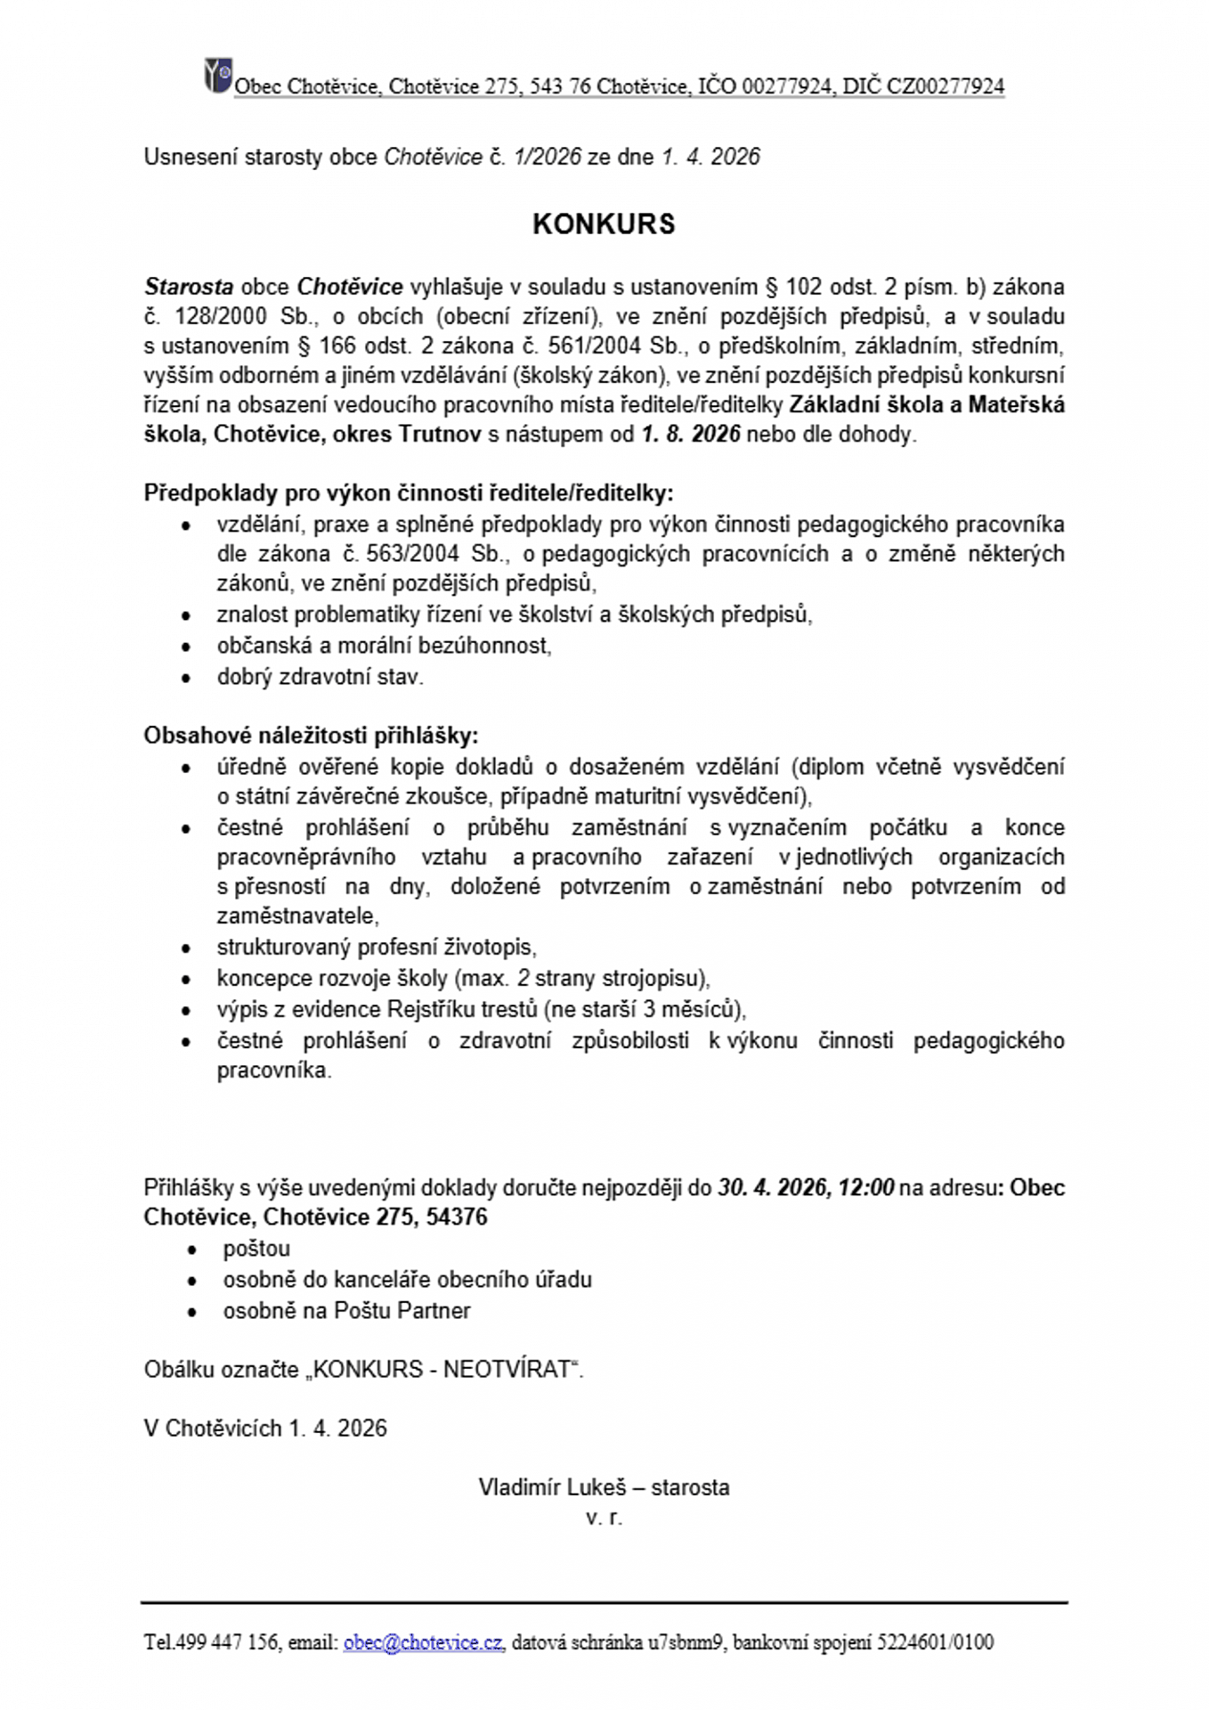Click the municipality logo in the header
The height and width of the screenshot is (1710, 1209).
[217, 76]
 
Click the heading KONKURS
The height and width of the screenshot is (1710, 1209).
[604, 224]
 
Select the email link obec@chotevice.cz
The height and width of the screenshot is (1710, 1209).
[423, 1641]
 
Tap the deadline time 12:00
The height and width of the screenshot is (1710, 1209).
[865, 1187]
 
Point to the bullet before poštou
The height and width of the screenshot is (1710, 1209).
[192, 1250]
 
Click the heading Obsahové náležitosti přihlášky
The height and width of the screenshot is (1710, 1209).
[311, 735]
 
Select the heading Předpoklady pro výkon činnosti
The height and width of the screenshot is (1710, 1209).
[409, 493]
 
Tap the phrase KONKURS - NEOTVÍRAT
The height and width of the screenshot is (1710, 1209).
[441, 1369]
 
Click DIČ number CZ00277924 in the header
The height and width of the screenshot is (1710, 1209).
[945, 86]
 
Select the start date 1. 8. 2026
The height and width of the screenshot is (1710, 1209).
[691, 434]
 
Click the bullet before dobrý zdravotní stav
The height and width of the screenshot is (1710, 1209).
[186, 678]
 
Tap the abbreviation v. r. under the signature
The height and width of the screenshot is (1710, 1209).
[604, 1517]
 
